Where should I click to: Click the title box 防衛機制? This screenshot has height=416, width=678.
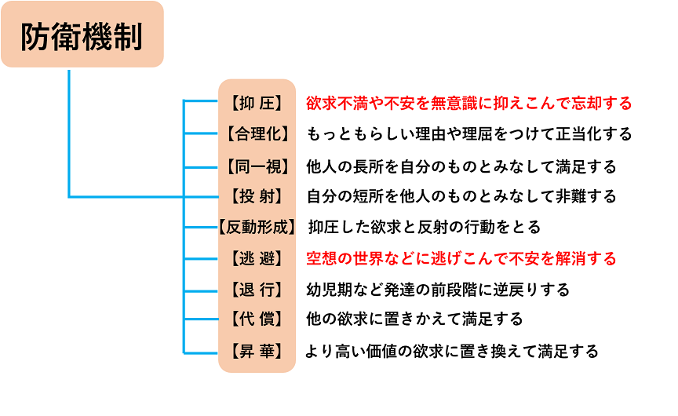click(82, 35)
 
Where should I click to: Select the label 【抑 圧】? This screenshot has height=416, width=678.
click(257, 104)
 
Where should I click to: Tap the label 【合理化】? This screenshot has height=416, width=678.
click(257, 133)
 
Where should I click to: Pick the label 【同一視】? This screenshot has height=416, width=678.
click(257, 166)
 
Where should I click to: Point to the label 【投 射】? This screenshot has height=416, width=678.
click(257, 196)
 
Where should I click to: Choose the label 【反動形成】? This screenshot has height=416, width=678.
click(257, 227)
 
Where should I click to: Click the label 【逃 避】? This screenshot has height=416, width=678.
click(257, 258)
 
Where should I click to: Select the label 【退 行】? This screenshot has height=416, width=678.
click(257, 290)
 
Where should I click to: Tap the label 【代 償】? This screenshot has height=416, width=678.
click(257, 319)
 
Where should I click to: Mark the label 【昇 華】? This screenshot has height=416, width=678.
click(257, 351)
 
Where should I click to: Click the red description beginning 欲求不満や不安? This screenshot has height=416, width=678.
click(469, 104)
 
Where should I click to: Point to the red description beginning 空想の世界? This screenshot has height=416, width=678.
click(461, 258)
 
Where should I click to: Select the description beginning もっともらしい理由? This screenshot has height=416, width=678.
click(469, 133)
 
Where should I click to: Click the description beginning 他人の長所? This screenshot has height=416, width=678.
click(461, 166)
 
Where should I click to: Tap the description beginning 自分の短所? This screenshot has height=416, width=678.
click(461, 196)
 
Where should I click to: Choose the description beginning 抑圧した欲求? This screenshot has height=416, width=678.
click(425, 227)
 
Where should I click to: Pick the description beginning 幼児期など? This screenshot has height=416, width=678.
click(438, 290)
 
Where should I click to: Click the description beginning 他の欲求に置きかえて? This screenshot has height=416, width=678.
click(414, 319)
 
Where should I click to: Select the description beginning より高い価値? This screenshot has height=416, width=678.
click(452, 351)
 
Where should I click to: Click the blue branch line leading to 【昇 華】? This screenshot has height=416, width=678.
click(201, 353)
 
